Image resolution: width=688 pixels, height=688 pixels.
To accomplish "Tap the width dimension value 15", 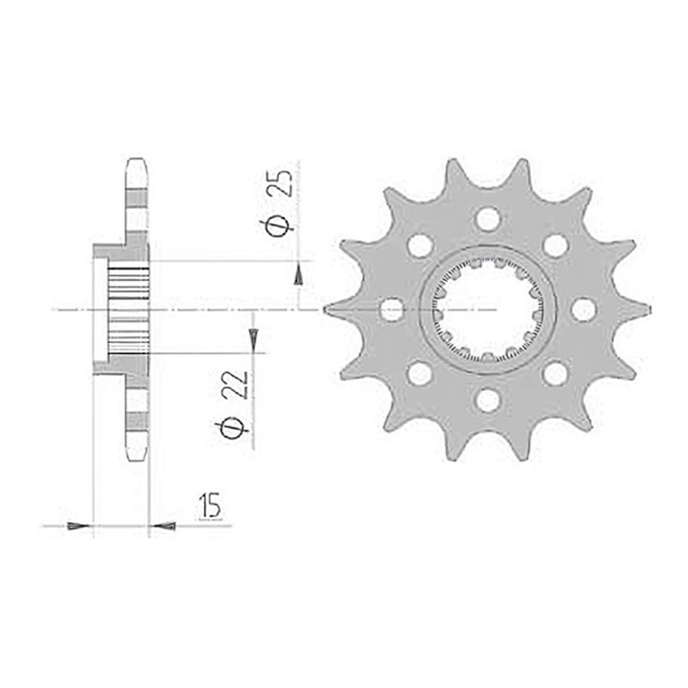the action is point(210,506).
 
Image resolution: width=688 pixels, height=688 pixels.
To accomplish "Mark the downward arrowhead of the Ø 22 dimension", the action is point(253,340).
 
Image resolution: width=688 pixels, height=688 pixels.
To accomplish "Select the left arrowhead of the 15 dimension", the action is point(78,525).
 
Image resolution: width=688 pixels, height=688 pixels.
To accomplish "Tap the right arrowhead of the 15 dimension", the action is point(163,525).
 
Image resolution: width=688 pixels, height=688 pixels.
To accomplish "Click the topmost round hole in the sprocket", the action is point(488,219).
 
